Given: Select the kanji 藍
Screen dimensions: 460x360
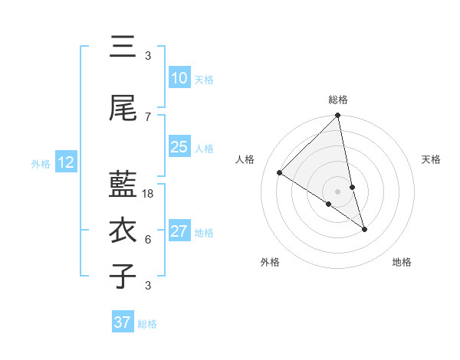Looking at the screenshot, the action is [x=123, y=184].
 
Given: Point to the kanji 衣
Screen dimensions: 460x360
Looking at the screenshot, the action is [x=123, y=231].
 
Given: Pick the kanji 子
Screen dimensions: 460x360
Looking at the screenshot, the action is [x=123, y=276].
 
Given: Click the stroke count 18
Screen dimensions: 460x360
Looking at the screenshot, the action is [x=149, y=194].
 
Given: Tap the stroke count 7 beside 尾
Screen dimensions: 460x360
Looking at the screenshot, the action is [x=148, y=117].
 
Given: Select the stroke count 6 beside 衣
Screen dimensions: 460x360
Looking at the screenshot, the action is [x=148, y=240].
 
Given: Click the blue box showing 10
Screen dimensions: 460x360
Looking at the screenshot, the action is [x=179, y=78].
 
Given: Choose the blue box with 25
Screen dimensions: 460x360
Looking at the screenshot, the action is [x=179, y=147].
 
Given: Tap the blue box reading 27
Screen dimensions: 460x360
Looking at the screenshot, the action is [x=179, y=231].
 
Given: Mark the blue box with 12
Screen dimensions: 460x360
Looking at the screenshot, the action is [x=65, y=162].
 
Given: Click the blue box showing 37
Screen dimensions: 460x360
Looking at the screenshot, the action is [x=123, y=322].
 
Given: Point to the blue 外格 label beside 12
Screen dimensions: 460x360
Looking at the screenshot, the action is [x=41, y=163].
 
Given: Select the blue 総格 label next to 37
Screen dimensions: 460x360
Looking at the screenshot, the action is [x=147, y=324].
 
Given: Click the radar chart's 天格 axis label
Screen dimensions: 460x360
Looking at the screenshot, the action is [x=432, y=159].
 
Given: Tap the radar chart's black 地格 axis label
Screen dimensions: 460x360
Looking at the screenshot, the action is [x=402, y=262].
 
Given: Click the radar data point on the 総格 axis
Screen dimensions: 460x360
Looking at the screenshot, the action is [x=338, y=116].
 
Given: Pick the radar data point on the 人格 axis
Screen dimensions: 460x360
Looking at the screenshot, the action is [x=280, y=173].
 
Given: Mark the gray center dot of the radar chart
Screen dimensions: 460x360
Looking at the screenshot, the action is [x=338, y=191].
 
